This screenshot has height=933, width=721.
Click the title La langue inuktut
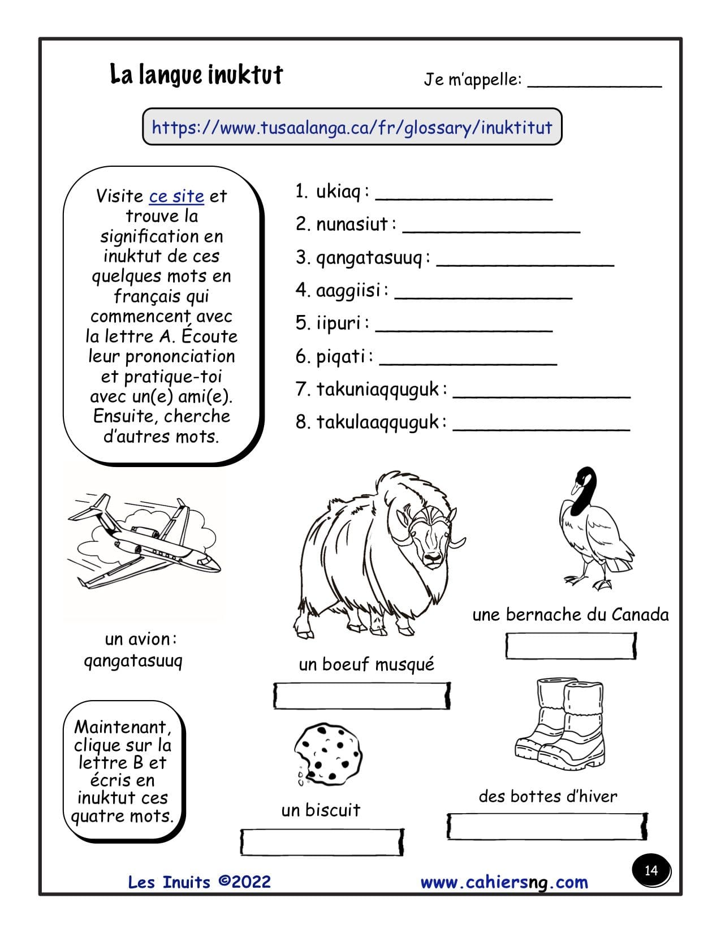click(x=196, y=75)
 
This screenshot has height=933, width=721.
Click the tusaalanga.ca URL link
click(x=352, y=127)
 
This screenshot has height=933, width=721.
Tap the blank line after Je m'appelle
click(x=594, y=84)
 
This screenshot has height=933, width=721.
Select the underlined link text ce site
click(x=176, y=196)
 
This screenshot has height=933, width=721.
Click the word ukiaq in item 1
click(x=338, y=192)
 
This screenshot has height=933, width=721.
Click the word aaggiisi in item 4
click(x=348, y=291)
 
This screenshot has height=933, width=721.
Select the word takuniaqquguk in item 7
click(x=378, y=390)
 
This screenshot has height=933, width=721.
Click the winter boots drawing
click(x=560, y=727)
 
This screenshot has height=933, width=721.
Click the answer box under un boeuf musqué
click(x=362, y=696)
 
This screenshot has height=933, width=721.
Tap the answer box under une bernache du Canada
click(x=571, y=646)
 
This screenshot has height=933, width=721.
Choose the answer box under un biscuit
click(x=322, y=842)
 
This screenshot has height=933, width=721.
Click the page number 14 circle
click(x=651, y=870)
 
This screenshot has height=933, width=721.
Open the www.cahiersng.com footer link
click(x=504, y=883)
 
